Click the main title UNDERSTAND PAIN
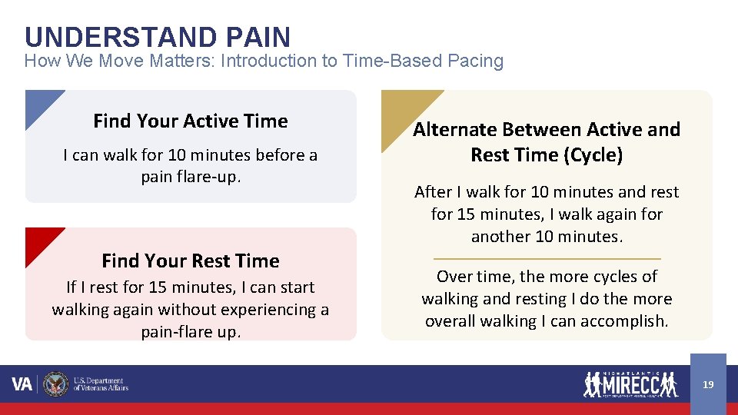click(x=158, y=37)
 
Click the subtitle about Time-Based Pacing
click(x=264, y=61)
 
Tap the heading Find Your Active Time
click(x=190, y=121)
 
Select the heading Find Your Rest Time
click(x=190, y=261)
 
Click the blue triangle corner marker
click(x=38, y=104)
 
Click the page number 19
click(x=708, y=384)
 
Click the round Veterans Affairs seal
click(x=55, y=384)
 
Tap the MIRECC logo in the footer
click(x=630, y=383)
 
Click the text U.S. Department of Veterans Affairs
click(x=100, y=384)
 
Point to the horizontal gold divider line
click(x=547, y=259)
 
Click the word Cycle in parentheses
click(x=591, y=155)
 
